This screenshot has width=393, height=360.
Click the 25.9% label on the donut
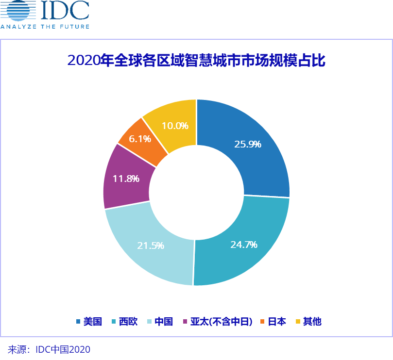[x=248, y=144]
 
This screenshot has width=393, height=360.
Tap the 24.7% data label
[x=244, y=245]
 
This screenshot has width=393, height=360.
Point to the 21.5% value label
[x=151, y=245]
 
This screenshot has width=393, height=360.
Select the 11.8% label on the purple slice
[x=126, y=179]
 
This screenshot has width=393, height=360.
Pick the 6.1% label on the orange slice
[x=140, y=139]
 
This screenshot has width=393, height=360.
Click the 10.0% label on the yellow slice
[x=175, y=126]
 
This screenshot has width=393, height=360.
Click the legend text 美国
[x=92, y=322]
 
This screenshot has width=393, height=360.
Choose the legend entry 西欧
[x=128, y=322]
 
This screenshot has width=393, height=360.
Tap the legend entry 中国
[x=164, y=322]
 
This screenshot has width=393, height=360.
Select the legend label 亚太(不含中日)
[x=222, y=322]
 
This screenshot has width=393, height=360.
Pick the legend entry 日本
[x=277, y=322]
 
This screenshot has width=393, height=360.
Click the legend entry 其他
[x=312, y=322]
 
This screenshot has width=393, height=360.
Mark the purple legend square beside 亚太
[x=185, y=322]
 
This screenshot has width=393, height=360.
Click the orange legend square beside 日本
[x=262, y=322]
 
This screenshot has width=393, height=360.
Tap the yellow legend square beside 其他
[x=298, y=322]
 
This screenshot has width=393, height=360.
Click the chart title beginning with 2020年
[x=196, y=60]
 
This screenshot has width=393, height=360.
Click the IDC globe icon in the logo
[x=18, y=10]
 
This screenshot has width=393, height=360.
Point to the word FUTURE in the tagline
[x=74, y=27]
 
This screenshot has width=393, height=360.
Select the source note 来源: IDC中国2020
[x=49, y=349]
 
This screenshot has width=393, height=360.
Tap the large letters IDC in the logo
[x=65, y=10]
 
